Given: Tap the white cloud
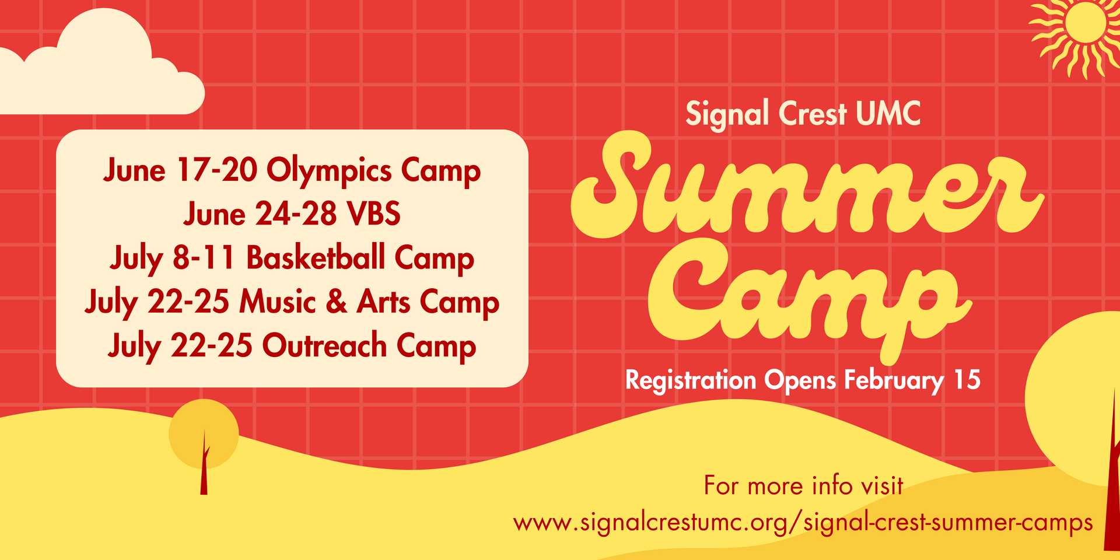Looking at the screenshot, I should click(105, 70).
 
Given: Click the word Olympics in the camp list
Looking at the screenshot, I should click(329, 171).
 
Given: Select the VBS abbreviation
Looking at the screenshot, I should click(373, 214).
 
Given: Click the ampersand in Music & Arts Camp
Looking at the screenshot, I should click(336, 302).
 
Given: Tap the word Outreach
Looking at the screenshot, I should click(324, 345).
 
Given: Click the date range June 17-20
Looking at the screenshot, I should click(180, 171).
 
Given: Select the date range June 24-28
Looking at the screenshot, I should click(260, 214).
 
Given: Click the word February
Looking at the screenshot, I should click(894, 380).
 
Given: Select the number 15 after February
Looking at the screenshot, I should click(967, 380).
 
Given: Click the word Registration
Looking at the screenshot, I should click(691, 380).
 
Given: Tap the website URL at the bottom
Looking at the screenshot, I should click(803, 522).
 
